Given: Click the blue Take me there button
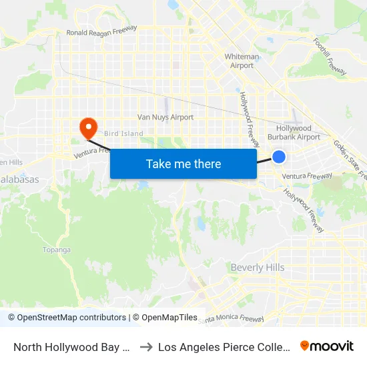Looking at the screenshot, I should [x=183, y=164].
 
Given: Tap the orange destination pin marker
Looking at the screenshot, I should [x=87, y=127].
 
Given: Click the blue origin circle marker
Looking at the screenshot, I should [x=279, y=157].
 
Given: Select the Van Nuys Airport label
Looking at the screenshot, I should [x=165, y=117].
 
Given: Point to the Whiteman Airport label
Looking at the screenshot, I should [x=242, y=61].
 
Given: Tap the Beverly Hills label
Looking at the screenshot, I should [x=258, y=268].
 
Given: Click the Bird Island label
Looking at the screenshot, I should [x=123, y=133].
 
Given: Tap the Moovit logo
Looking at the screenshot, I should [x=327, y=346].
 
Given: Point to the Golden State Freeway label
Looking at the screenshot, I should [x=350, y=160].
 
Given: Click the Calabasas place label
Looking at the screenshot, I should [x=19, y=179].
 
